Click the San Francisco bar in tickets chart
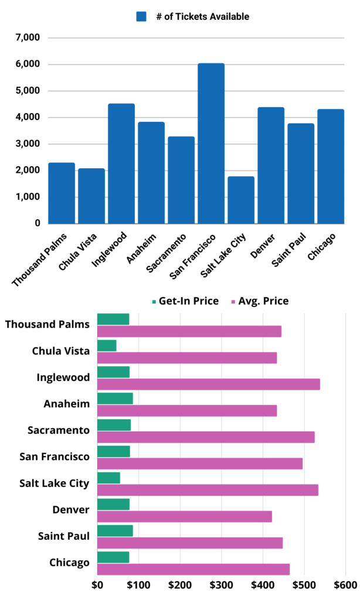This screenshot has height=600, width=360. [x=210, y=144]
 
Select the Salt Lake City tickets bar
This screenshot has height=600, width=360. [x=240, y=200]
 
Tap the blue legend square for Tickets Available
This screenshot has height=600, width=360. [x=141, y=16]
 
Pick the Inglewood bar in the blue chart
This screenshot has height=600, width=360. [x=121, y=163]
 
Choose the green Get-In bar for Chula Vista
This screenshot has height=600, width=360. [x=107, y=346]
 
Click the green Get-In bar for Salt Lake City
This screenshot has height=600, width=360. [x=108, y=478]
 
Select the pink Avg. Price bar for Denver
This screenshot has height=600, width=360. [x=184, y=516]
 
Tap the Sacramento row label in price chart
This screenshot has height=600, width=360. [x=59, y=431]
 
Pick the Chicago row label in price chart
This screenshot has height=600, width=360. [x=69, y=562]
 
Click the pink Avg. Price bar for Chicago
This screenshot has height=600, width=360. [x=193, y=569]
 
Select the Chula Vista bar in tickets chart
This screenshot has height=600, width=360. [x=91, y=196]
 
